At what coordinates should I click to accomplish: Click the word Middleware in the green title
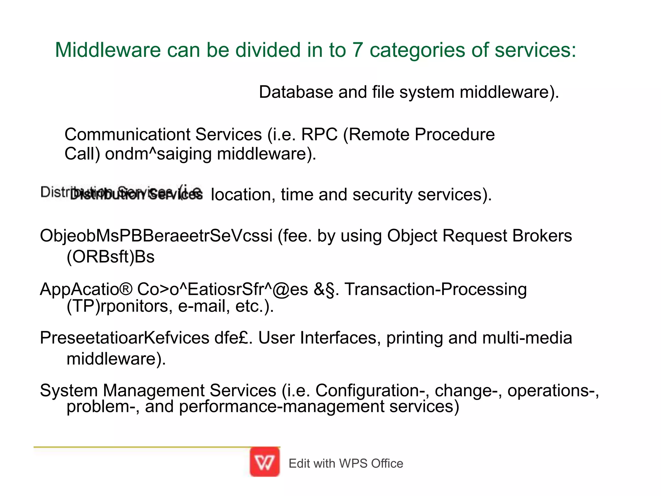click(x=108, y=50)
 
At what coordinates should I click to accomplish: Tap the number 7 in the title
click(x=357, y=50)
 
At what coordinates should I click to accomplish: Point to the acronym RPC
click(x=319, y=134)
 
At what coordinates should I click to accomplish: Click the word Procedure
click(x=454, y=134)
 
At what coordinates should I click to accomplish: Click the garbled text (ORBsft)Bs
click(x=110, y=257)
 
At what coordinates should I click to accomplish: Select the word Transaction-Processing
click(x=436, y=289)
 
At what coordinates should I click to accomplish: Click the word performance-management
click(x=281, y=406)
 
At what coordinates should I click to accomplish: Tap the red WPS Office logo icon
click(x=265, y=462)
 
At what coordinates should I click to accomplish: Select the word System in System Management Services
click(x=68, y=390)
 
